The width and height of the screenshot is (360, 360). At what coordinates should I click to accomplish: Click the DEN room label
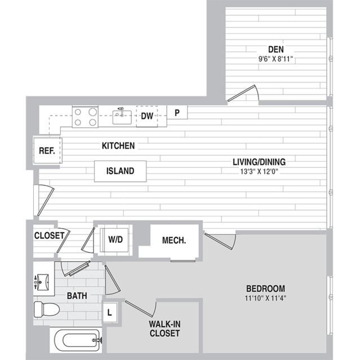(x=275, y=50)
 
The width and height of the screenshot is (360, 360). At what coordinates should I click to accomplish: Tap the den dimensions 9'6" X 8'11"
(x=275, y=59)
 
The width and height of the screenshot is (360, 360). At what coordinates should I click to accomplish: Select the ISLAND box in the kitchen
(x=121, y=171)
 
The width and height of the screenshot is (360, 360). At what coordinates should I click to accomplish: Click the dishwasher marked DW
(x=147, y=116)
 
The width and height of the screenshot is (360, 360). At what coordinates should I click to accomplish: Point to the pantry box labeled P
(x=177, y=112)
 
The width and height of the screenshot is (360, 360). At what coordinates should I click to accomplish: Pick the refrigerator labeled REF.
(x=47, y=150)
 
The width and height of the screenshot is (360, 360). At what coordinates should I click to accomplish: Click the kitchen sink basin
(x=122, y=117)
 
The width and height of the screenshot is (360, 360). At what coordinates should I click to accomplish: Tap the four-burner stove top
(x=85, y=117)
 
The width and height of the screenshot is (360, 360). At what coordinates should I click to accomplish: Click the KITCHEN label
(x=118, y=146)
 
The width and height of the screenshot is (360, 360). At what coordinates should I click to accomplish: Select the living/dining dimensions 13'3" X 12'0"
(x=259, y=171)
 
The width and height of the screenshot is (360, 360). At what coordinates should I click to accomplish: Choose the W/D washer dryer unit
(x=114, y=239)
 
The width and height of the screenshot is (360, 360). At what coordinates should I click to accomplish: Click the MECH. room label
(x=174, y=241)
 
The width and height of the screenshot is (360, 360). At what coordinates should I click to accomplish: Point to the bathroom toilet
(x=47, y=309)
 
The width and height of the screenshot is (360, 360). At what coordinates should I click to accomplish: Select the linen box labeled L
(x=110, y=313)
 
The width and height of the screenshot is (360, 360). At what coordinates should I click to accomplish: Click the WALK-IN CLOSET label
(x=165, y=328)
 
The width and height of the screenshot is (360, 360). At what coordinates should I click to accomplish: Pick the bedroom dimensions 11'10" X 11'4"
(x=265, y=298)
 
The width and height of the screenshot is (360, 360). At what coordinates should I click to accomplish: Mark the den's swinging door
(x=243, y=93)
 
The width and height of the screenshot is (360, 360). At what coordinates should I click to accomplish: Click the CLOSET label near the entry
(x=49, y=235)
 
